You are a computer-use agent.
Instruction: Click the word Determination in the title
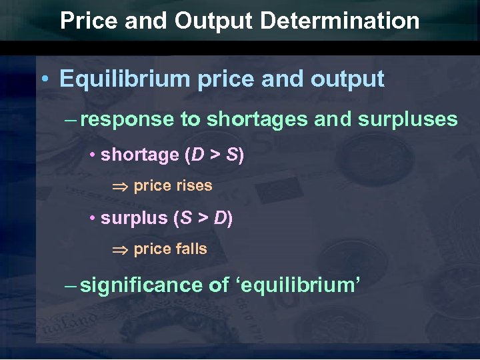point(340,21)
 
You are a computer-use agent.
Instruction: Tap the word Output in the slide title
point(215,21)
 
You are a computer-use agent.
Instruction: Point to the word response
point(131,119)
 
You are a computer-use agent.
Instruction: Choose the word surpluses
point(408,119)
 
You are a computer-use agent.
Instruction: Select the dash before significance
point(72,286)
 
